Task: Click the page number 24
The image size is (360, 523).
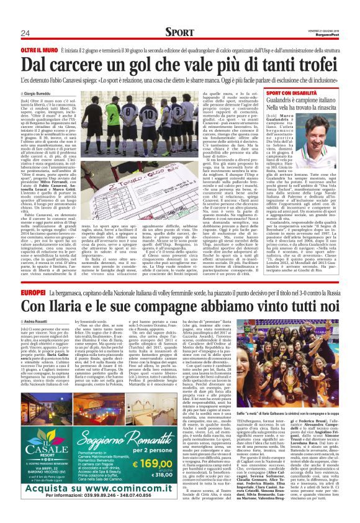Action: click(25, 33)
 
